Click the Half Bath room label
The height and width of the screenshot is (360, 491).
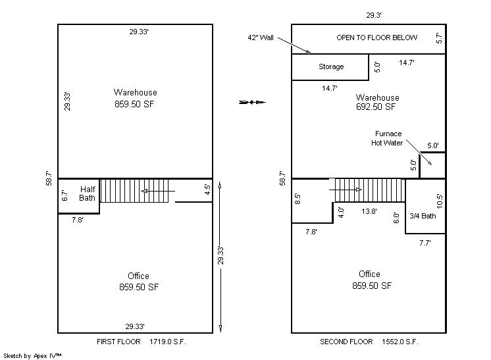point(87,193)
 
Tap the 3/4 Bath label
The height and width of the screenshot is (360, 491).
point(423,216)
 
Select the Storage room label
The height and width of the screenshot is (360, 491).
point(331,66)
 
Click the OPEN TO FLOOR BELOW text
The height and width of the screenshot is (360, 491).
point(376,38)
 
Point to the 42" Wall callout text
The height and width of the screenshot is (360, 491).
point(261,38)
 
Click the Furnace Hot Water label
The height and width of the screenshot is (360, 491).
point(388,138)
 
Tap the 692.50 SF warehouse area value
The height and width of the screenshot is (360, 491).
point(376,107)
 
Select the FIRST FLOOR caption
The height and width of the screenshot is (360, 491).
point(118,342)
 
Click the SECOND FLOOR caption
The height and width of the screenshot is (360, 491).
point(346,342)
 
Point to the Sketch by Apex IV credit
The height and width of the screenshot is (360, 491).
point(32,355)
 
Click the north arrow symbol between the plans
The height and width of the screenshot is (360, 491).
point(252,102)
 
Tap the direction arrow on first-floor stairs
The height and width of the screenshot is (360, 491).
point(158,191)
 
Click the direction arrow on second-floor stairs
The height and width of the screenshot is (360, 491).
point(346,190)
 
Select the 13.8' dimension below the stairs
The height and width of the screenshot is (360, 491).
point(369,211)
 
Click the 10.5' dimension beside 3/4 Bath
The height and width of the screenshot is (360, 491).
point(439,201)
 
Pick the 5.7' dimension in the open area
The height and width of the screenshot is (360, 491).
point(439,38)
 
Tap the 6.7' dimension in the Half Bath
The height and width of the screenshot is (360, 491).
point(65,195)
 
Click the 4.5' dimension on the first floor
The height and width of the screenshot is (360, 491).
point(207,190)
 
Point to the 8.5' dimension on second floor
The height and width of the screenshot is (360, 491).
point(297,199)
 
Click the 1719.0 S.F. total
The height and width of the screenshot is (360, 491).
point(168,342)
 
